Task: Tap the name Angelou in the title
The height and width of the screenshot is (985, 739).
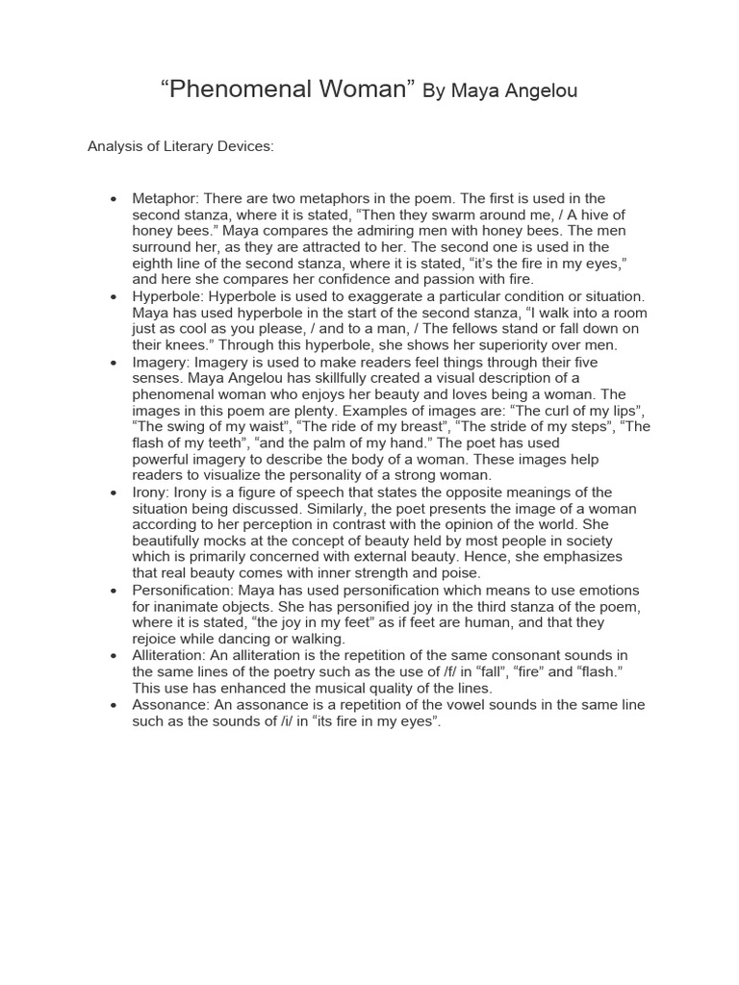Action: [536, 91]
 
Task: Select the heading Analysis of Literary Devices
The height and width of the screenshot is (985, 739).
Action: [181, 146]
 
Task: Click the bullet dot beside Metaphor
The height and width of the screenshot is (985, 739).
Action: [114, 199]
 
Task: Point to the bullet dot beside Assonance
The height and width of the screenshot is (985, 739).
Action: [114, 705]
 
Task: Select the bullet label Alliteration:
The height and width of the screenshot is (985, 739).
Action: [170, 656]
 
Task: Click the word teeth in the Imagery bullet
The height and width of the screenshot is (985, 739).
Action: [228, 443]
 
